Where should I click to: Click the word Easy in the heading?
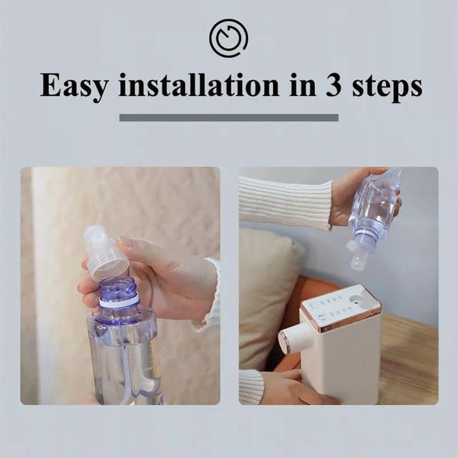coord(73,86)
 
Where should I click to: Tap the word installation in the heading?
coord(199,85)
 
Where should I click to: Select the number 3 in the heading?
coord(334,85)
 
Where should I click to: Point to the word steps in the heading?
coord(387,87)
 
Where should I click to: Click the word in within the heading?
coord(303,85)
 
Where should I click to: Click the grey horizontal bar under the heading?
coord(229,118)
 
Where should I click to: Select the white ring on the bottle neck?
coord(118,303)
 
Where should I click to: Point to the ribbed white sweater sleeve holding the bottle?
coord(286,202)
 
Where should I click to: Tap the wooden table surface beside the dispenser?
coord(409,359)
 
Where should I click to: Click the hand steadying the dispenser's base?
coord(295,388)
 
